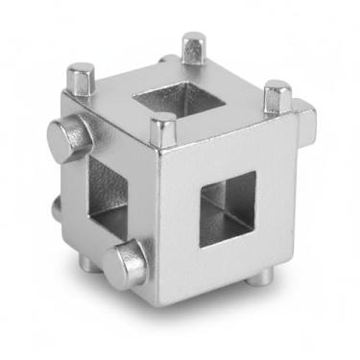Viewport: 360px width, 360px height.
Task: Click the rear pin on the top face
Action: pos(194,46)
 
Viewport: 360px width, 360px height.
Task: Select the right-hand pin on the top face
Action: pos(277,96)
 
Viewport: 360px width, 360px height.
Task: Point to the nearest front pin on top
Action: pos(163,129)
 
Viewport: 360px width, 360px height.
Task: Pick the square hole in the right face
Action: pos(228,208)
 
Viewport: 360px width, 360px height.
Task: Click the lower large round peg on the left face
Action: pos(128,264)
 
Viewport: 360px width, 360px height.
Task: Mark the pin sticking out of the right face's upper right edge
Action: pos(305,118)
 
